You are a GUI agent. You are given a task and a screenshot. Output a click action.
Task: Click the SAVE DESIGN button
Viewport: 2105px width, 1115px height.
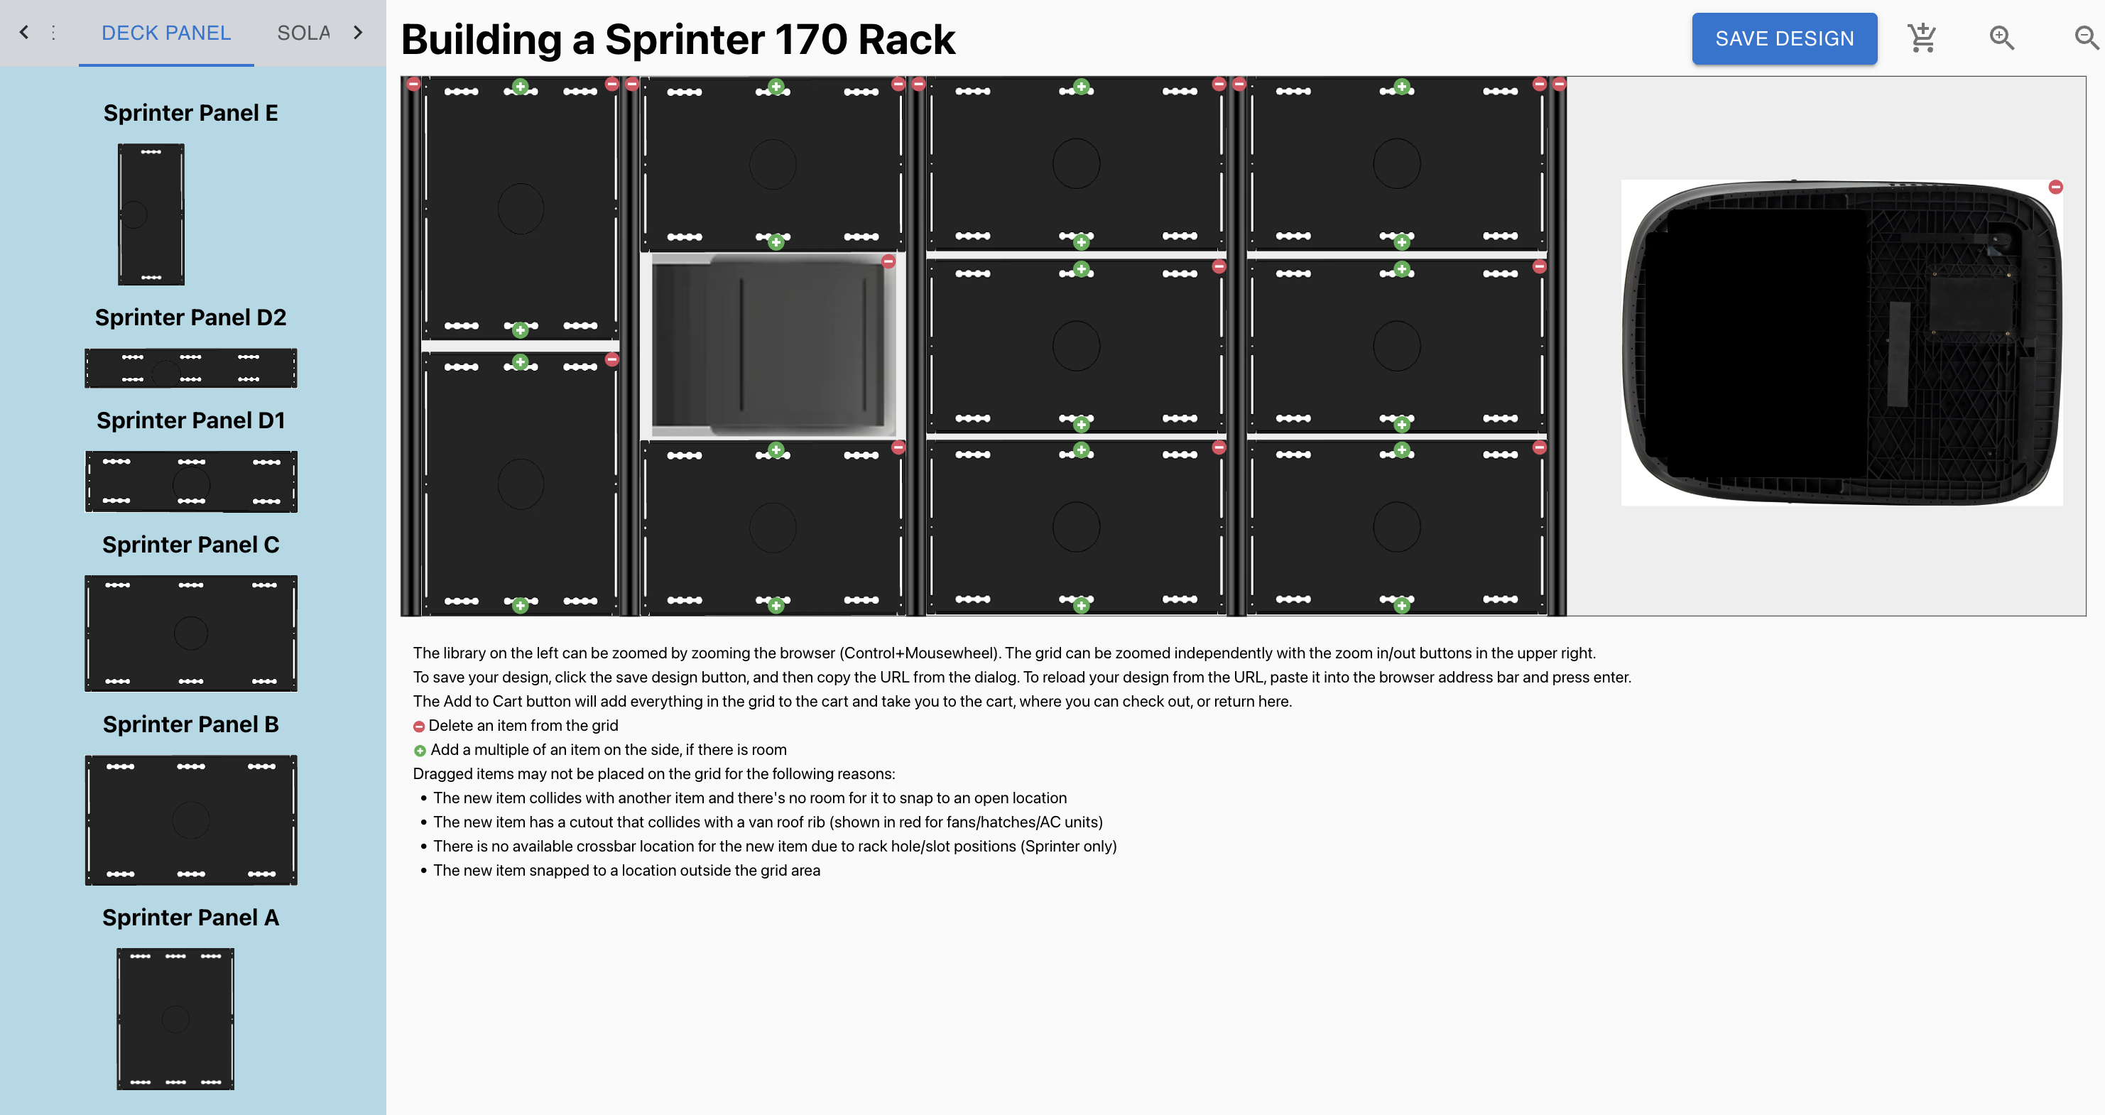[x=1784, y=38]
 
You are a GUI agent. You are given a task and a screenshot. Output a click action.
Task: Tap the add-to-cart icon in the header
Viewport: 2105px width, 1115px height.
[x=1922, y=38]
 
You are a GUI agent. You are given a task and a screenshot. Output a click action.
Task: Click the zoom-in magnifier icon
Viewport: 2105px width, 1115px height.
[x=2001, y=38]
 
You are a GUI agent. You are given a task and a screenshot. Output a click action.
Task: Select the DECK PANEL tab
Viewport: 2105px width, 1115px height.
[x=166, y=33]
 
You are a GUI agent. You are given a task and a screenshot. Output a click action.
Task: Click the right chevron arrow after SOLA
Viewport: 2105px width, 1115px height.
[x=358, y=33]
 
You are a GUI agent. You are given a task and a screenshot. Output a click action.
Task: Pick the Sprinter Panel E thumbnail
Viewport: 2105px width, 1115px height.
[x=151, y=214]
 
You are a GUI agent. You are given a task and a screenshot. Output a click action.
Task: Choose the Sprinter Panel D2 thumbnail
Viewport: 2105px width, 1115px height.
[x=190, y=368]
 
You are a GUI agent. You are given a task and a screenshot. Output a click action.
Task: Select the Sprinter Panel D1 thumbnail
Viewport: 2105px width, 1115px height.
[x=190, y=482]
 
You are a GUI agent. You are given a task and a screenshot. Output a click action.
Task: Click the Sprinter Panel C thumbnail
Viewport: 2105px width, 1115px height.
[x=190, y=633]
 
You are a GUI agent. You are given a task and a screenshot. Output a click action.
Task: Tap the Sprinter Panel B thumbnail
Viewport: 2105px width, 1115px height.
[x=190, y=819]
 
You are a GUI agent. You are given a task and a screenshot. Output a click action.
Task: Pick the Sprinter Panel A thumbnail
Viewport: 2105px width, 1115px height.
[x=175, y=1018]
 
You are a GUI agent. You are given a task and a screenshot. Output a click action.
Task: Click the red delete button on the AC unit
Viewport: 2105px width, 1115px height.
[x=2056, y=187]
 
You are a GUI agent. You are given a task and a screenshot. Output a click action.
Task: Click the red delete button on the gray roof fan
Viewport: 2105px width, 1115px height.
[x=888, y=261]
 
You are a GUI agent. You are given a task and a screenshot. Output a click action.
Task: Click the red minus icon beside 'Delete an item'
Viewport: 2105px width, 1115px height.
[x=418, y=727]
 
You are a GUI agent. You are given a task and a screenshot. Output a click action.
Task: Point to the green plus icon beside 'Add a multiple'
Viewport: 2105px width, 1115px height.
[x=419, y=751]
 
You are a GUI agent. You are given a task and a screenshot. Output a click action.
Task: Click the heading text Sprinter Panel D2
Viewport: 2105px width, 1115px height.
[x=190, y=317]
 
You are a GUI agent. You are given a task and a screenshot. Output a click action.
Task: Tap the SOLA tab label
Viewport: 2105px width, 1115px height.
[x=303, y=33]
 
